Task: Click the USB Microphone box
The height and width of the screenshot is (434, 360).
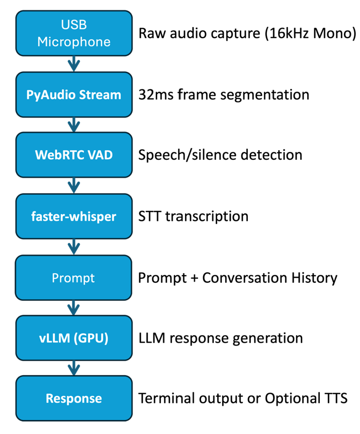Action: (x=74, y=34)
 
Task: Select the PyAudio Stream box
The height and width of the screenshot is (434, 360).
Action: (x=74, y=94)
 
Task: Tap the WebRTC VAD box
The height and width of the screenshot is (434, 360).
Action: (x=74, y=155)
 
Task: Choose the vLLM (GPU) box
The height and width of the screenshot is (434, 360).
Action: (x=74, y=338)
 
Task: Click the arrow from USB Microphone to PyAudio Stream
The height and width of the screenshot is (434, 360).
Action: (x=74, y=64)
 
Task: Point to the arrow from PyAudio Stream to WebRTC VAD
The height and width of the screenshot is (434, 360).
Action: (x=74, y=125)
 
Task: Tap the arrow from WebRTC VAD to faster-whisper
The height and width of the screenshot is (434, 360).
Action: (x=74, y=185)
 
